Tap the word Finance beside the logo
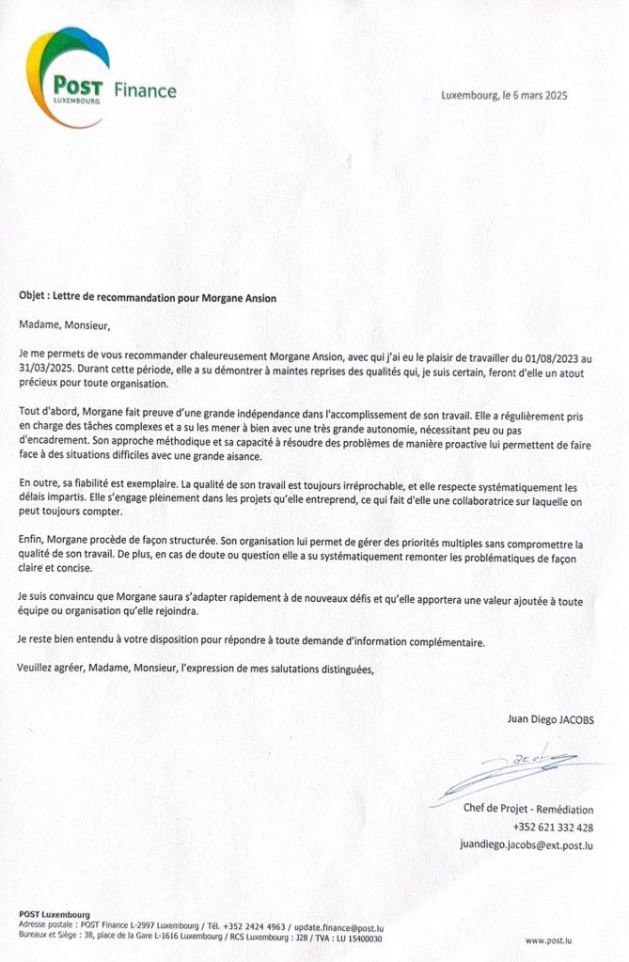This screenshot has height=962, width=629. coord(145,91)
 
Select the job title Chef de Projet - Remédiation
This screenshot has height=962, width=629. coord(527,809)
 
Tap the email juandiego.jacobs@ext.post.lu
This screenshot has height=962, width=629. coord(527,845)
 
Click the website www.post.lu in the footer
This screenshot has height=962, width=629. coord(549,939)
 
